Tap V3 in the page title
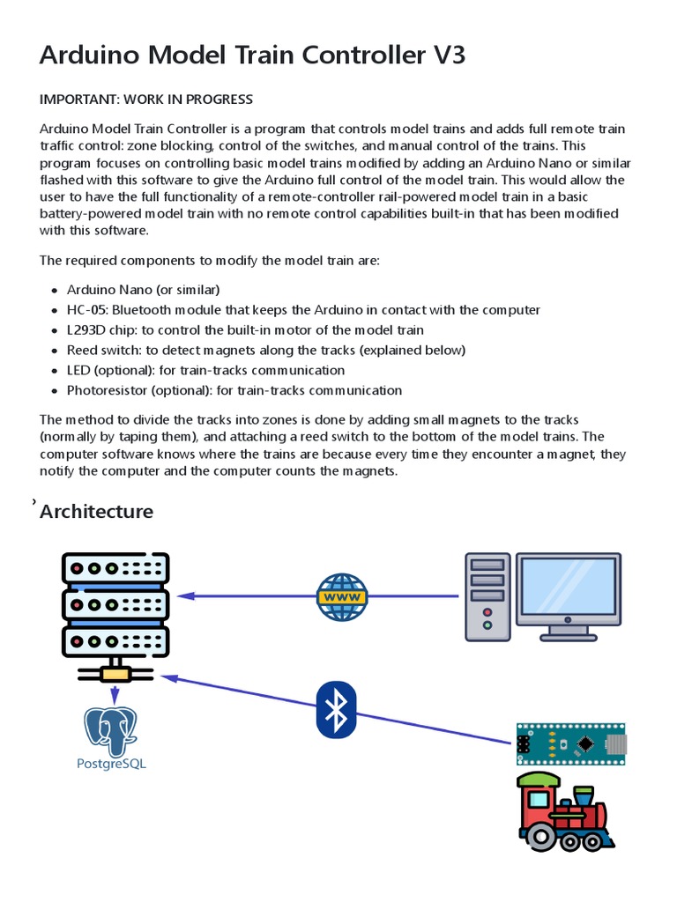[444, 55]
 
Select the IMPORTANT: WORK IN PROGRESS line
[146, 99]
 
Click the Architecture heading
[97, 512]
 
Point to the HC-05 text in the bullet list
[86, 310]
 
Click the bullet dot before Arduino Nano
[55, 291]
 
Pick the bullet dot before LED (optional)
[55, 371]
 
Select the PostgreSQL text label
[111, 764]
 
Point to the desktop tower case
[487, 595]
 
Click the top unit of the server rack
[115, 570]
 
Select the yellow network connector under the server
[115, 674]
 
